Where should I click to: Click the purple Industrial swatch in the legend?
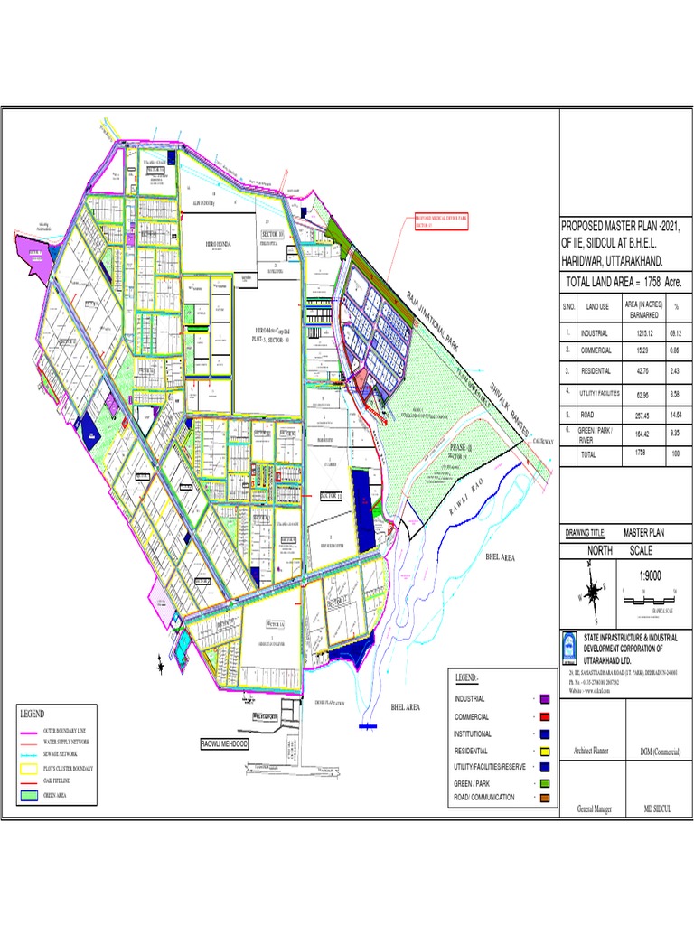click(546, 699)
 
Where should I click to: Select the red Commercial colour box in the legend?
click(546, 716)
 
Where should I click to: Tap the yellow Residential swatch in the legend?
click(546, 751)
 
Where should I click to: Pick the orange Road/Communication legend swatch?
click(546, 798)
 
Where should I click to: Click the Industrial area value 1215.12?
click(638, 333)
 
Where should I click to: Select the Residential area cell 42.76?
click(638, 371)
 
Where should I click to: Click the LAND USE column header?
click(596, 307)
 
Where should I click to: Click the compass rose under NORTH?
click(592, 593)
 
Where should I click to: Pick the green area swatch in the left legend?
click(30, 796)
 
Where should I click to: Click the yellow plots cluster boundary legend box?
click(30, 770)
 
